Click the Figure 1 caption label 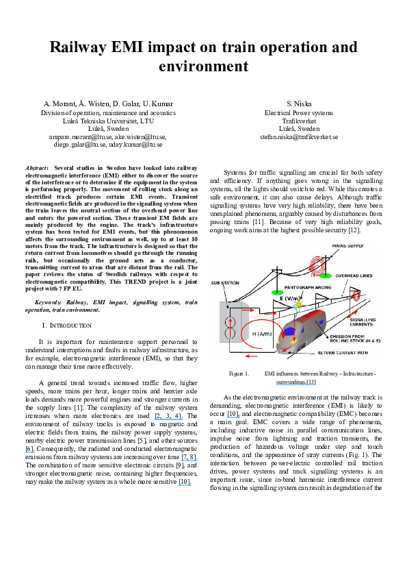[239, 373]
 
